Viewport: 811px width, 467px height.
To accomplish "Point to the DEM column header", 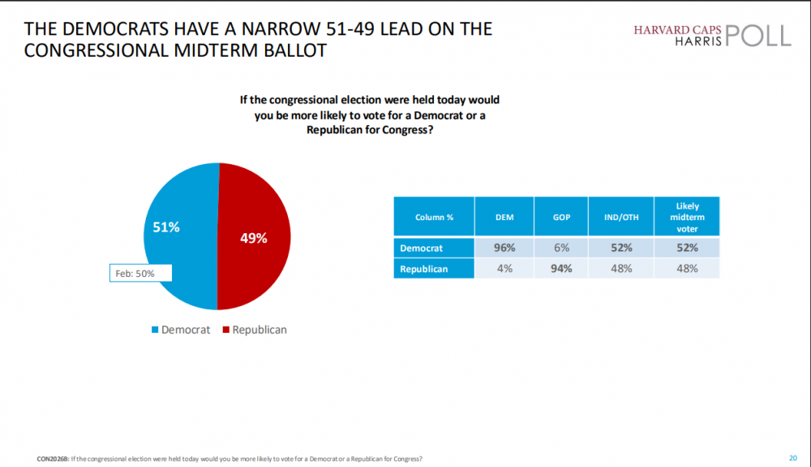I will point(504,217).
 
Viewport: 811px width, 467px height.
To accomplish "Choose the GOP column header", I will point(561,217).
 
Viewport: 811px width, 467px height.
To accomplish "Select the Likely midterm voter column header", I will point(688,217).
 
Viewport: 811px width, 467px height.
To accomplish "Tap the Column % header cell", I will point(434,217).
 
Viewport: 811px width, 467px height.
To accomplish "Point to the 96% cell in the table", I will point(504,248).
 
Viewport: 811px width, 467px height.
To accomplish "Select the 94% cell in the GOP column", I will point(561,268).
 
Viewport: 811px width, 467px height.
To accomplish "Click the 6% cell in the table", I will point(561,248).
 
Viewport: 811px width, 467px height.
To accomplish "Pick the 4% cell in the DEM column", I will point(504,268).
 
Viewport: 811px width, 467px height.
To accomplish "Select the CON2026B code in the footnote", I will point(52,459).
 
